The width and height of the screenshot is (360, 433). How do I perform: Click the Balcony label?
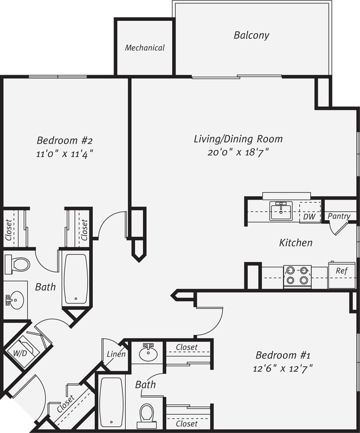251,35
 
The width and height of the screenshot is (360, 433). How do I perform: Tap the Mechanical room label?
144,48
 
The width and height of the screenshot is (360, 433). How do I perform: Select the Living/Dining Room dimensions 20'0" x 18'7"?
238,152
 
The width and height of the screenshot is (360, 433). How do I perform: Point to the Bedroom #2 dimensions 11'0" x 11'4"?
65,153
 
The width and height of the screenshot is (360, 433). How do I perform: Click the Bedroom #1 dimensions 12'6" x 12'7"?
283,368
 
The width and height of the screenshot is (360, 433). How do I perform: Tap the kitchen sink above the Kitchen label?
281,210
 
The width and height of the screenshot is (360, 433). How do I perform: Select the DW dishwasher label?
309,217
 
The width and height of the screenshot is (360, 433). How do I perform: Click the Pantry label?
339,216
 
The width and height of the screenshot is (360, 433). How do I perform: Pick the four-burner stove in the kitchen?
297,276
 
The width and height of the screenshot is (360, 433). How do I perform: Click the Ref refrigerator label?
341,271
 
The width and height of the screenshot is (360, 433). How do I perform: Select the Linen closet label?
116,354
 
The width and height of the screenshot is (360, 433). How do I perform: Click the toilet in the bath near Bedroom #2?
17,264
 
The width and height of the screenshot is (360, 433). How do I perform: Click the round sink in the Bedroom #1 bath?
148,352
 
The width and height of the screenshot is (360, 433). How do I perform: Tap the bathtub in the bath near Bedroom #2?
76,279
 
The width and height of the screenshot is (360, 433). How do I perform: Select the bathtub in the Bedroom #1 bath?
111,402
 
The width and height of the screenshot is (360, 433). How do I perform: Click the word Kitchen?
295,243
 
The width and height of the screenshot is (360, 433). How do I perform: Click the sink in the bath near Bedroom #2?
15,300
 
